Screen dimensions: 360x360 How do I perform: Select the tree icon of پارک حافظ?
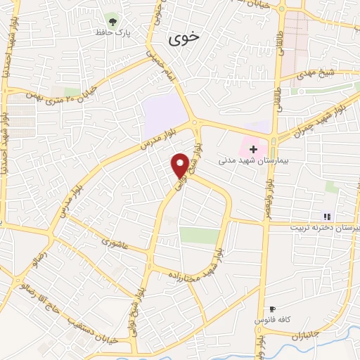tap(111, 19)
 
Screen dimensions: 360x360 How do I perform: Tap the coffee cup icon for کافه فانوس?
tap(272, 309)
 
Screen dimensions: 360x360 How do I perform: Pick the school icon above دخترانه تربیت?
tap(326, 216)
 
